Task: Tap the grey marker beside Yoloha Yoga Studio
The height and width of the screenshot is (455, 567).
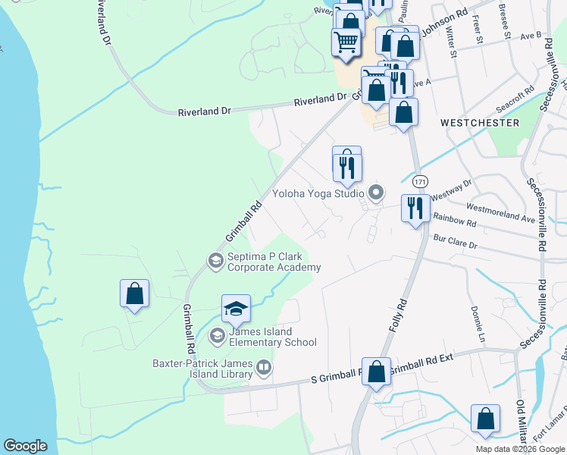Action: tap(373, 191)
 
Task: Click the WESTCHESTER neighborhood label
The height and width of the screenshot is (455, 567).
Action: tap(480, 123)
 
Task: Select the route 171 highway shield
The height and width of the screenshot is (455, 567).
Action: tap(421, 182)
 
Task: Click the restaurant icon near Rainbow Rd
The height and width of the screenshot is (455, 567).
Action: tap(415, 208)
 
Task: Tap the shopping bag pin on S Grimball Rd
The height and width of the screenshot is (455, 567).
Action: tap(376, 372)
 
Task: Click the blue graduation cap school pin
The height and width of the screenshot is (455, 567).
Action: tap(236, 309)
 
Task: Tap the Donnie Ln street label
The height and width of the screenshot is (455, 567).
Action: tap(476, 322)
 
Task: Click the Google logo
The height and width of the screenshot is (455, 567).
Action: tap(26, 446)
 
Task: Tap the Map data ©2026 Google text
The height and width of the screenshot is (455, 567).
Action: tap(519, 448)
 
